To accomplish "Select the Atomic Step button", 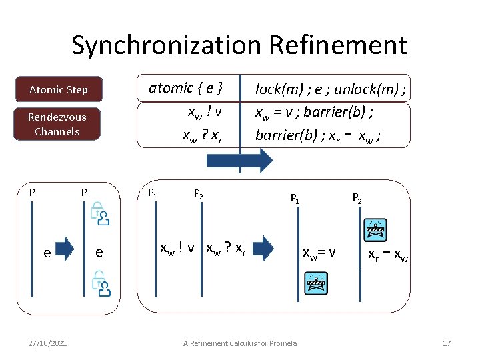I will [59, 89].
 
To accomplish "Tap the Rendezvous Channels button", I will [57, 124].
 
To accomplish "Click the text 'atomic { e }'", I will [185, 87].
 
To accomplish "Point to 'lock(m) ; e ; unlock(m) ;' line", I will [331, 89].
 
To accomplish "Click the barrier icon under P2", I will [375, 229].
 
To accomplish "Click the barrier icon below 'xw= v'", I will [315, 283].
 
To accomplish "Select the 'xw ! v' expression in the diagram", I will [177, 249].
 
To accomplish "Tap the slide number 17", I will [447, 343].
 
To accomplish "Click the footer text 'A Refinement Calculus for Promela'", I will [240, 343].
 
